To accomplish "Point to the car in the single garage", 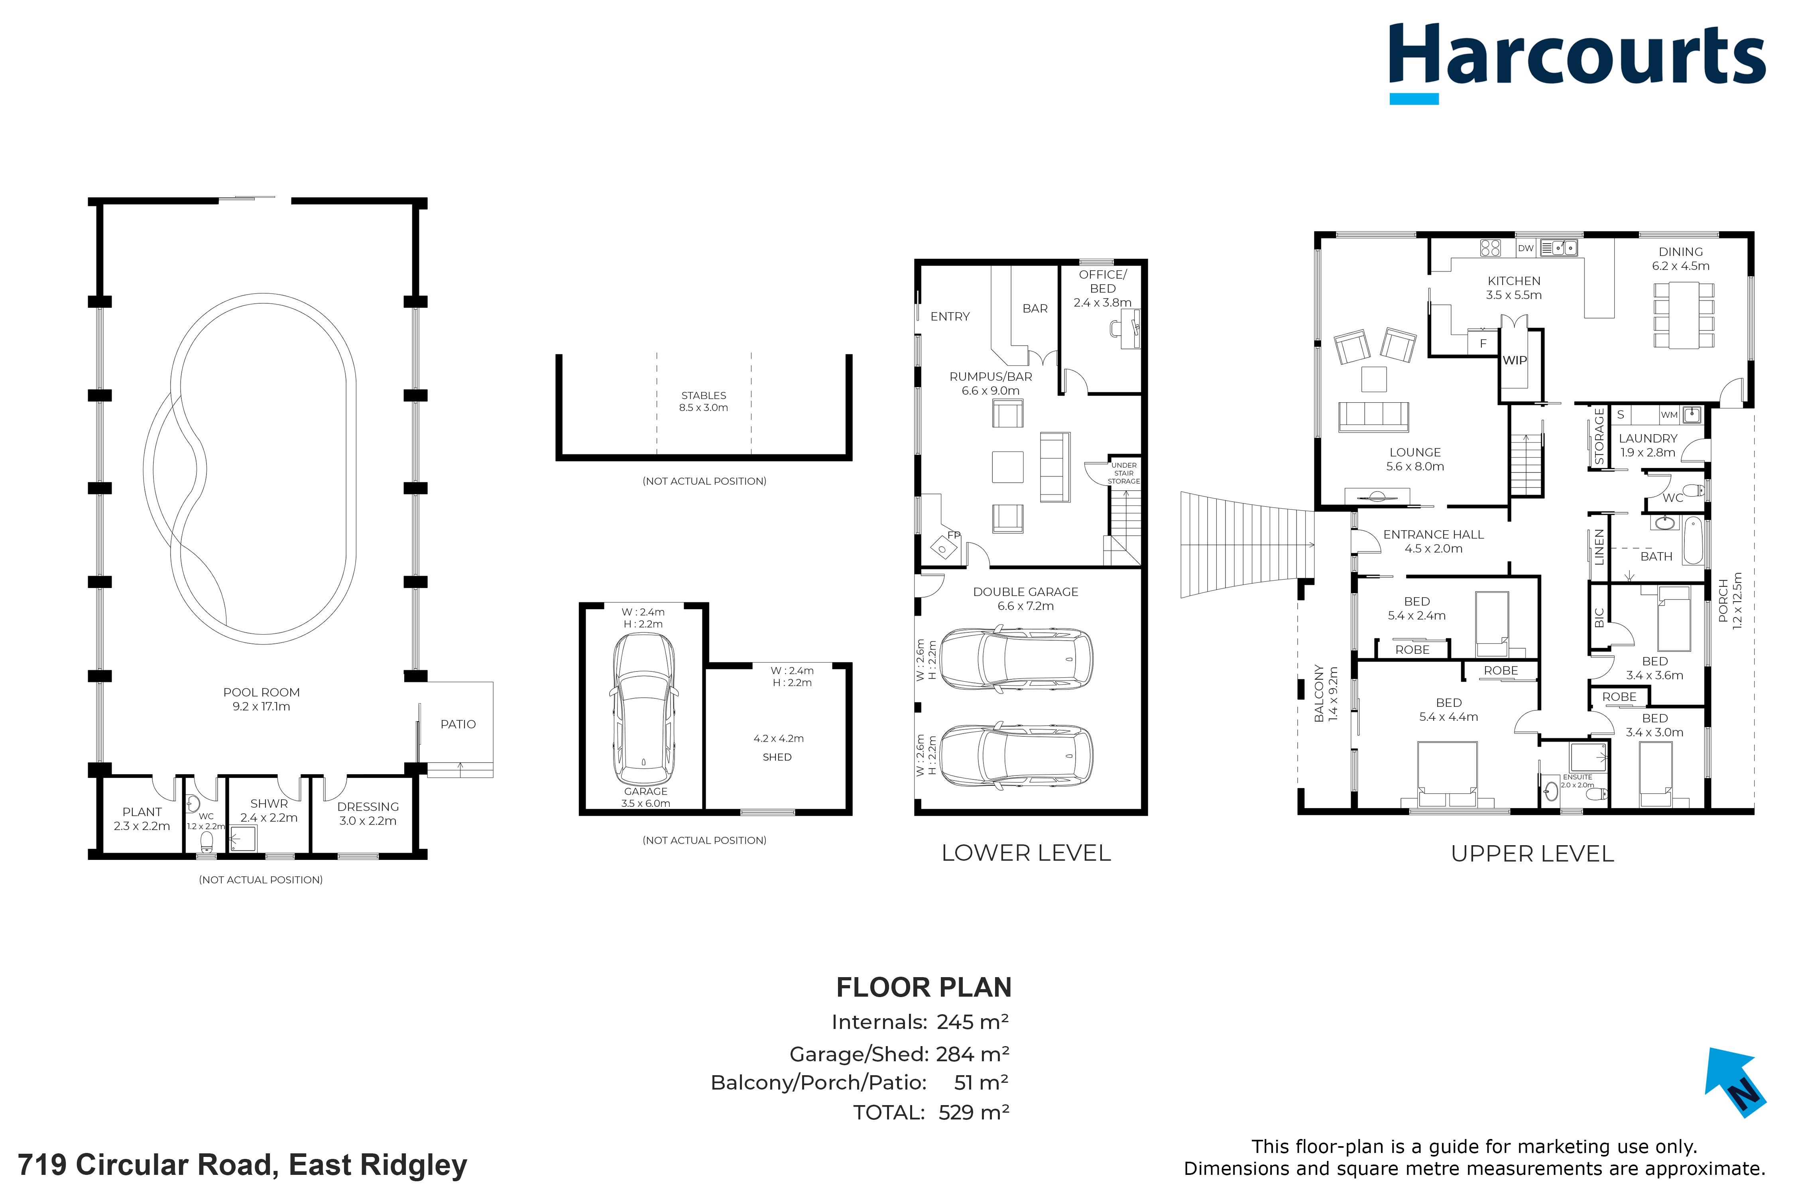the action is click(644, 708).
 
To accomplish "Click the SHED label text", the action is click(777, 757).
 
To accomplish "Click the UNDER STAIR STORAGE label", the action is click(1123, 473).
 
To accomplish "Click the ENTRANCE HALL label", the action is click(1433, 535).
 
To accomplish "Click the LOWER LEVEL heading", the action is click(1026, 853).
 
